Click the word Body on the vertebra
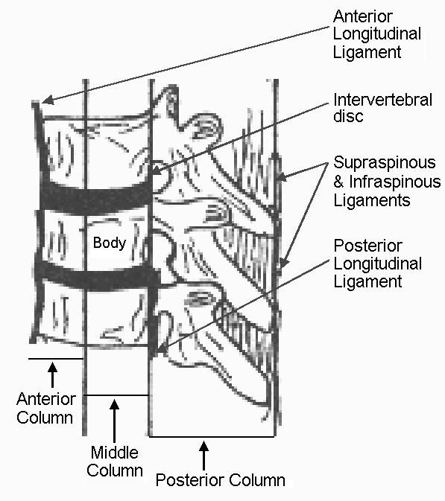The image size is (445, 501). tap(110, 243)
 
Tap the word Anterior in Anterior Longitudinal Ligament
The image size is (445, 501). tap(363, 16)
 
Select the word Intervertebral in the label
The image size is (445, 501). tap(383, 100)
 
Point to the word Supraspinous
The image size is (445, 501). tap(385, 163)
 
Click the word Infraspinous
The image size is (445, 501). tap(395, 182)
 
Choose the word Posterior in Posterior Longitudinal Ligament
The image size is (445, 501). tap(368, 246)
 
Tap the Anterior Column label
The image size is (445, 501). tap(45, 408)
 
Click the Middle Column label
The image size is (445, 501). tap(115, 462)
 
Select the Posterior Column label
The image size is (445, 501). tap(220, 480)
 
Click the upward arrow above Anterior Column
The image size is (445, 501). tap(52, 374)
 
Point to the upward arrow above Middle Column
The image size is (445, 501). tap(114, 420)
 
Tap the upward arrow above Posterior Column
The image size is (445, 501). tap(203, 456)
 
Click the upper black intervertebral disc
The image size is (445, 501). tap(96, 197)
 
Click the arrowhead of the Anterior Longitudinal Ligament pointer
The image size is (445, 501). tap(48, 100)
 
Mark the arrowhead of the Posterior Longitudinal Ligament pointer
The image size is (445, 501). tap(162, 349)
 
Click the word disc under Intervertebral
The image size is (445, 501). tap(348, 115)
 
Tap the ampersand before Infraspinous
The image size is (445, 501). tap(338, 182)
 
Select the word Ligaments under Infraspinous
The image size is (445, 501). tap(372, 200)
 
